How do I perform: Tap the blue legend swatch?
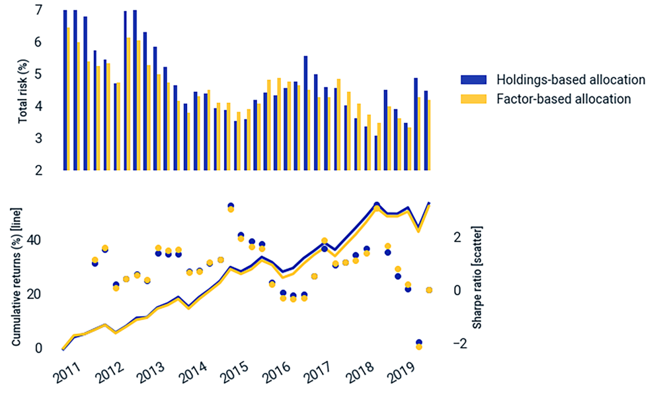point(473,80)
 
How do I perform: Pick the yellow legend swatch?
point(473,99)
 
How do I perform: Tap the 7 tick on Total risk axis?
point(38,11)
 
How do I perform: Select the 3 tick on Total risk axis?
point(38,138)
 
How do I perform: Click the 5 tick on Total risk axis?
point(38,74)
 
